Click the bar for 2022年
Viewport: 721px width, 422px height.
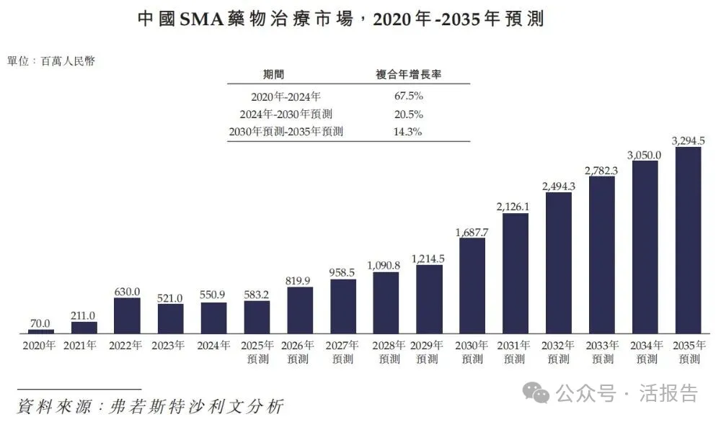[127, 315]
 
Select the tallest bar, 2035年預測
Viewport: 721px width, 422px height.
[688, 240]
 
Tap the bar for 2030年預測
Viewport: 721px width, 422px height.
[472, 286]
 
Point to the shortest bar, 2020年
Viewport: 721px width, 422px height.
[41, 331]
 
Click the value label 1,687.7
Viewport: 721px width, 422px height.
[472, 233]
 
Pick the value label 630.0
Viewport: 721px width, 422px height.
[127, 292]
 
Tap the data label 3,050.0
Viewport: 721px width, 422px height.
[644, 156]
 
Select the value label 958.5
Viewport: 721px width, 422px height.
[342, 273]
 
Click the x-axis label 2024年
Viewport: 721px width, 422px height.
[213, 346]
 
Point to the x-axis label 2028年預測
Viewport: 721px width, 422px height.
[389, 352]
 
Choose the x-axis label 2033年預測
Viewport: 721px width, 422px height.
[602, 352]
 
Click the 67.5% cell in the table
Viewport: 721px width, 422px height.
[408, 96]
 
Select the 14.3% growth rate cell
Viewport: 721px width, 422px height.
[407, 132]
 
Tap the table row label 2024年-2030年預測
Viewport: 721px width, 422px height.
[286, 114]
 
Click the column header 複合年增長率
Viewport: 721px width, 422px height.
[408, 74]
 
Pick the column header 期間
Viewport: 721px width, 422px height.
[273, 74]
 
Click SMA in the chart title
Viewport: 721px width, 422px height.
[202, 19]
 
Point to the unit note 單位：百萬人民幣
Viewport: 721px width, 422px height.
[51, 61]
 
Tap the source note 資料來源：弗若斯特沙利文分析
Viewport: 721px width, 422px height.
[151, 406]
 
